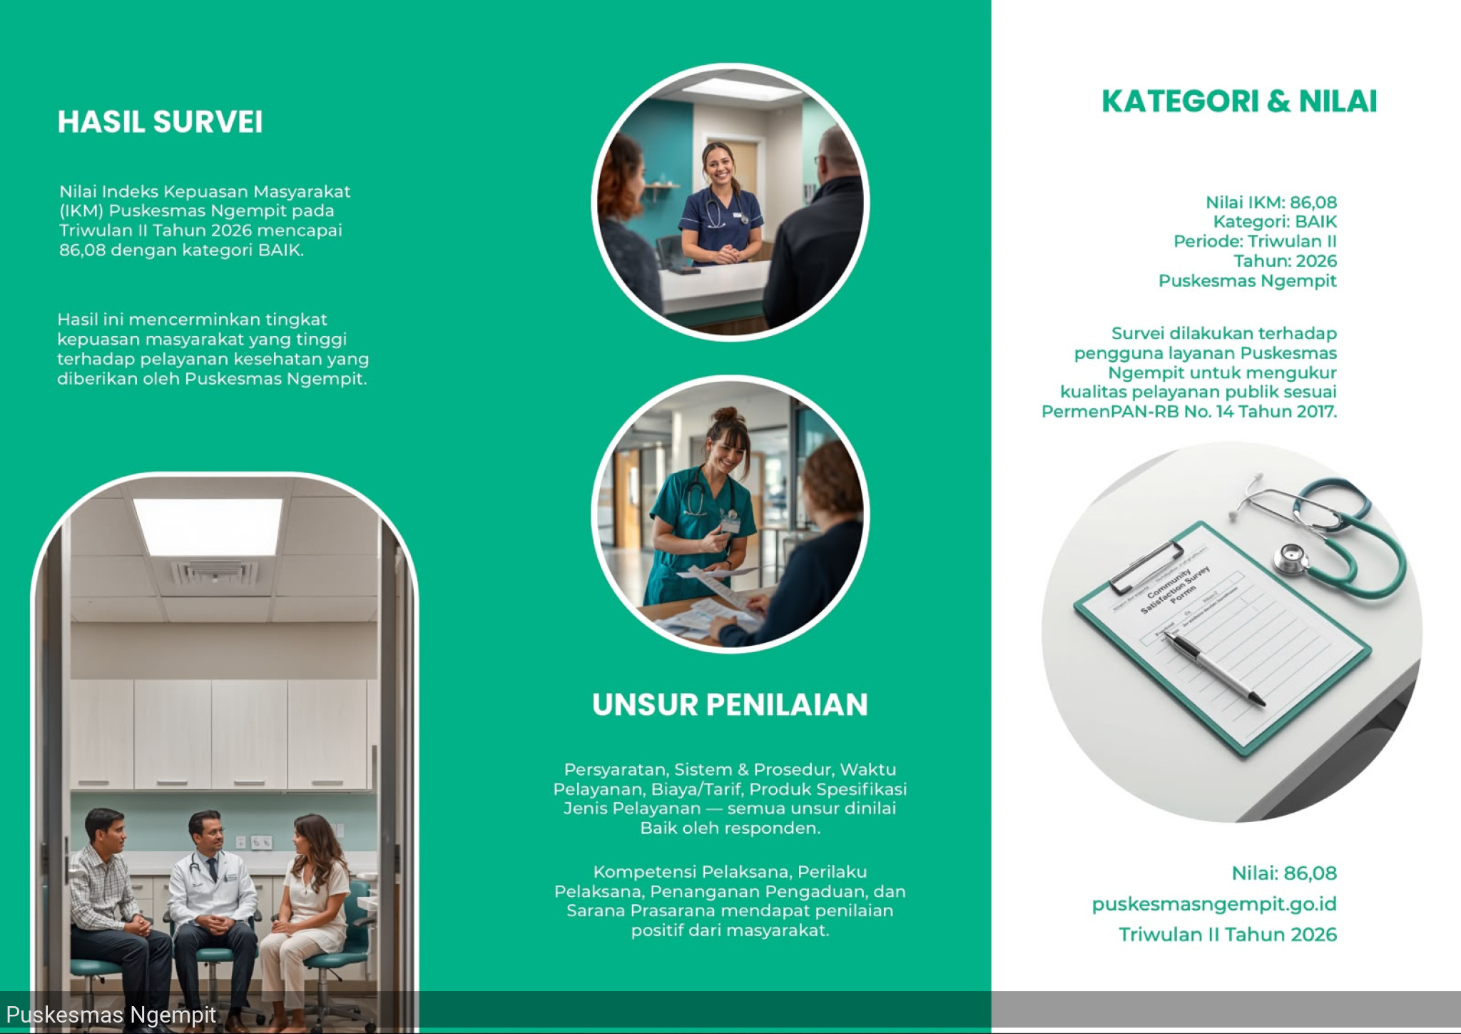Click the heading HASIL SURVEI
click(160, 122)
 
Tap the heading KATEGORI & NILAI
click(1239, 101)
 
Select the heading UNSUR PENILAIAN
click(730, 705)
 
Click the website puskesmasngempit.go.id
click(1214, 904)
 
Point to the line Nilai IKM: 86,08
click(1271, 203)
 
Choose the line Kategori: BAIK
click(1275, 222)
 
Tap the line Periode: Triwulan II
click(1256, 241)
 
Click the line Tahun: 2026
click(1286, 261)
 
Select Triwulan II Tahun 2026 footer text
click(1228, 935)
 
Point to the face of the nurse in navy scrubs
click(719, 166)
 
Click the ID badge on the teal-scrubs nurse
click(730, 524)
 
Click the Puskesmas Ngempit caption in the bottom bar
click(111, 1015)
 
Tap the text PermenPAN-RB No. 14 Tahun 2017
click(1189, 412)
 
